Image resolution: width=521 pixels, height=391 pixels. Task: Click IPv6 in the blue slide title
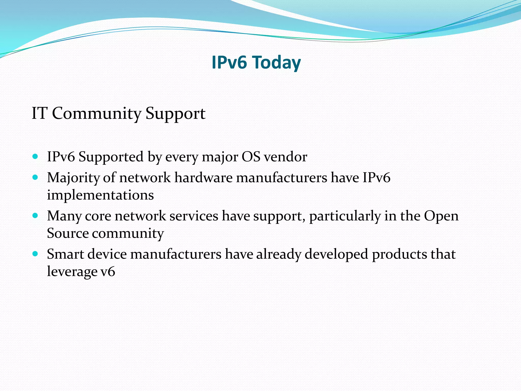click(229, 62)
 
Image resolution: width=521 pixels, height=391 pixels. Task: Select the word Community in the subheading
click(96, 113)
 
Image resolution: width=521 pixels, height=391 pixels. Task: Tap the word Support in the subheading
click(175, 114)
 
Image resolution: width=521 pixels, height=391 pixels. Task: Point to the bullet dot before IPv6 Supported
click(35, 156)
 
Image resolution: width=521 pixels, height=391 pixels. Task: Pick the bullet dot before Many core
click(35, 216)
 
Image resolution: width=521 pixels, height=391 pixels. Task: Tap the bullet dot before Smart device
click(35, 254)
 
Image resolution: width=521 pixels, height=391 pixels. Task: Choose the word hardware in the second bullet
click(203, 177)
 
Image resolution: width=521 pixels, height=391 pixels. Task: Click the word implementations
click(100, 195)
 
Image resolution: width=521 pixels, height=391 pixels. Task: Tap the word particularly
click(345, 216)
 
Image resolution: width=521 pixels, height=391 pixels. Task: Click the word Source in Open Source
click(68, 233)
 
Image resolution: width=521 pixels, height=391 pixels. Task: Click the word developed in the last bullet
click(336, 254)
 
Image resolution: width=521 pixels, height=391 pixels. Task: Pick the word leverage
click(72, 272)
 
